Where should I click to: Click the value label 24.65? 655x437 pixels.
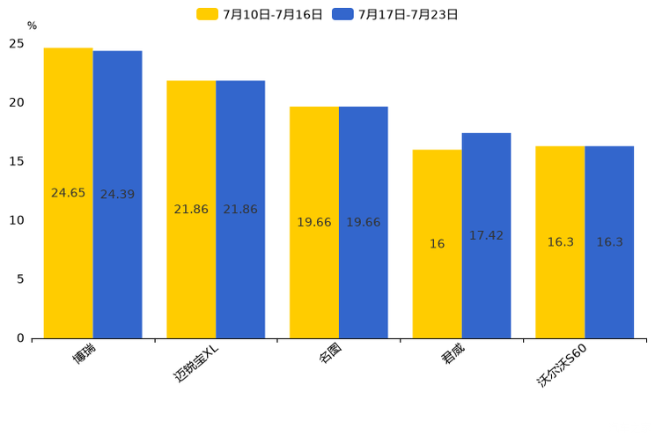pos(69,193)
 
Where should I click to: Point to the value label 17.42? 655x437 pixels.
pos(486,236)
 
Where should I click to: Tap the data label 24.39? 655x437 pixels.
pos(117,195)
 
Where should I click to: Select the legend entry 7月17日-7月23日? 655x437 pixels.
pos(396,14)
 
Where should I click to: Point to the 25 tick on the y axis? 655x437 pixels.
pos(17,43)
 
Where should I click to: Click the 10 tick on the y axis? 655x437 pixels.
pos(17,220)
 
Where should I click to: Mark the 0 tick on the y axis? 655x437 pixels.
pos(20,338)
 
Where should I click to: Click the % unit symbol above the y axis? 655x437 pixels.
pos(32,26)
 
